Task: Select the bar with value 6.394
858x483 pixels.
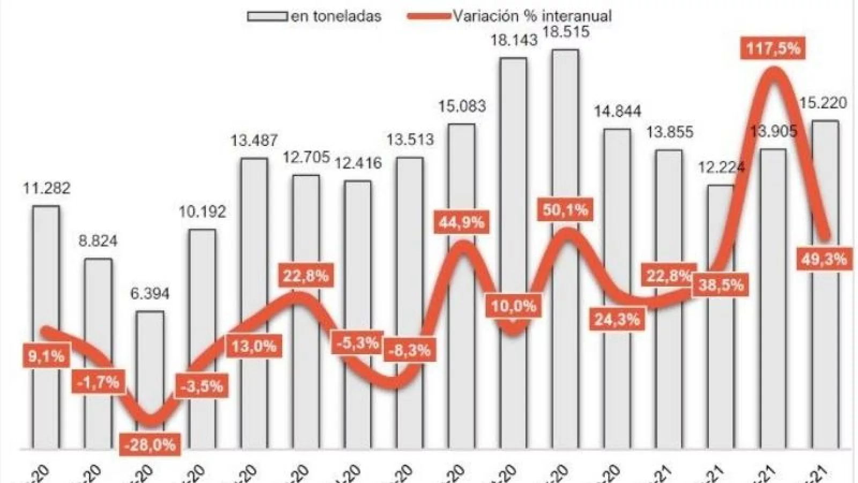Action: click(150, 365)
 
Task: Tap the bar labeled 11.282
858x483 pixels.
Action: click(46, 268)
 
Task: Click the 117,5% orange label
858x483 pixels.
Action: click(773, 49)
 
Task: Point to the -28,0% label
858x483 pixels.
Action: click(150, 445)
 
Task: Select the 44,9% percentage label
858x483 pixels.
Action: click(462, 222)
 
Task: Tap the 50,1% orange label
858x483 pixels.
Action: click(565, 210)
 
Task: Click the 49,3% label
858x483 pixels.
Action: click(824, 259)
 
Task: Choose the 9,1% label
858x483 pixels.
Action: click(46, 356)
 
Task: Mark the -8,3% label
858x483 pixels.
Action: click(410, 350)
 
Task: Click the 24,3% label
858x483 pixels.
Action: click(617, 320)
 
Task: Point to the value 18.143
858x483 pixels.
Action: click(513, 40)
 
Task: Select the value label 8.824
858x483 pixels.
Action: click(98, 240)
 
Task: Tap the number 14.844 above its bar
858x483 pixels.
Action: click(617, 112)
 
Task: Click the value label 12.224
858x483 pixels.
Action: click(721, 167)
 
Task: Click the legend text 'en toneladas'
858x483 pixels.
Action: click(336, 16)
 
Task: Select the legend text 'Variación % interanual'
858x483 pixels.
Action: click(532, 16)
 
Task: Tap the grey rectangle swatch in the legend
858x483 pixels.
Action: click(267, 16)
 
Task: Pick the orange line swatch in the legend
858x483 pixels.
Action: click(428, 16)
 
